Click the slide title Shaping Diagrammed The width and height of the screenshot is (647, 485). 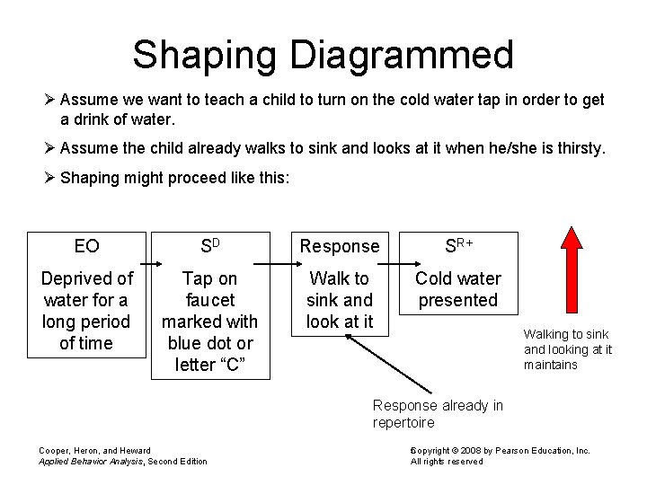click(x=323, y=55)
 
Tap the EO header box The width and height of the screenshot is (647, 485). click(x=87, y=246)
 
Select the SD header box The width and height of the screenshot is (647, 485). click(x=209, y=245)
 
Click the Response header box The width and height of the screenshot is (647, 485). click(x=340, y=246)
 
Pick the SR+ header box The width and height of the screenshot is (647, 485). click(x=458, y=245)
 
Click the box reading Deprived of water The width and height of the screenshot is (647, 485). click(x=87, y=311)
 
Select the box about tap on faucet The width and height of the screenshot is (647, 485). click(x=209, y=321)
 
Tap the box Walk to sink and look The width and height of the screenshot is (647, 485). click(x=340, y=300)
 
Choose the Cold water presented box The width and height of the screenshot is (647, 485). click(x=458, y=289)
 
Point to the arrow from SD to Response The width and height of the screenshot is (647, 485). click(x=270, y=264)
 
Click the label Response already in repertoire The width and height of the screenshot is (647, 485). click(x=438, y=414)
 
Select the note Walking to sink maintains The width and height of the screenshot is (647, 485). click(x=567, y=349)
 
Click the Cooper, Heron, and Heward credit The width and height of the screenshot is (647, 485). click(x=94, y=450)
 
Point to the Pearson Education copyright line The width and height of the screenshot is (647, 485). click(x=501, y=450)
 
